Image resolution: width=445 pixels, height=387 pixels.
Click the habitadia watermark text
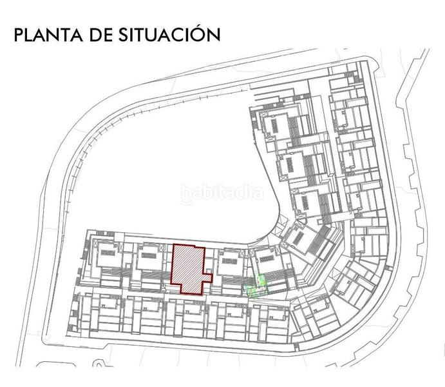[x=222, y=192]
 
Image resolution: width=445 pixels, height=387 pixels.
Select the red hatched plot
[x=188, y=268]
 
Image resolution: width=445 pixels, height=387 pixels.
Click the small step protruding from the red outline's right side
[x=207, y=278]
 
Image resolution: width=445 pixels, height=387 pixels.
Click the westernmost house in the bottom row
[x=103, y=315]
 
